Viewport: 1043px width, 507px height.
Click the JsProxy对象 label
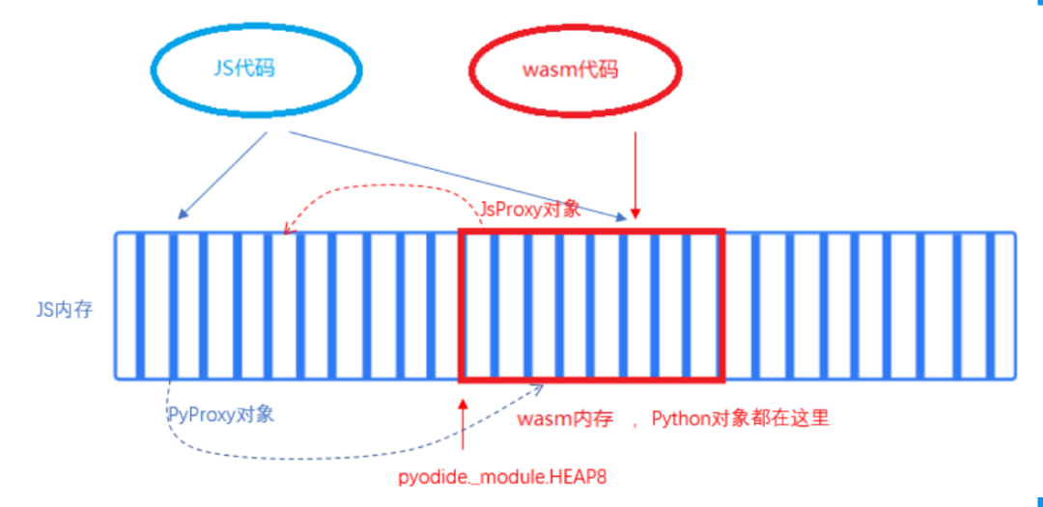530,209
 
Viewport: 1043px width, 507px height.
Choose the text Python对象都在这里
740,418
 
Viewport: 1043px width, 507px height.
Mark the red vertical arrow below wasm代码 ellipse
634,174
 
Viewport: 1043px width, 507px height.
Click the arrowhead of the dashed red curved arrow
286,229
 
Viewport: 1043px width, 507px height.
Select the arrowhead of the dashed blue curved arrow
538,389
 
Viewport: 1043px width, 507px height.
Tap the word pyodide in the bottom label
430,477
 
